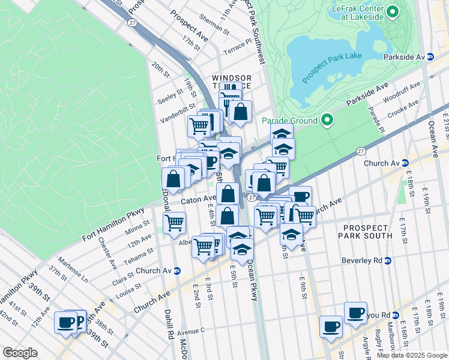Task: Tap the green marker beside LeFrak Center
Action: tap(393, 11)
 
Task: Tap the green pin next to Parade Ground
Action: tap(327, 121)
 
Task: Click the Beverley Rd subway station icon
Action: tap(388, 260)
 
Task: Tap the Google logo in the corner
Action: tap(20, 353)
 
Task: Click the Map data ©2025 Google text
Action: tap(412, 355)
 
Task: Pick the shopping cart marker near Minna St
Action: tap(174, 222)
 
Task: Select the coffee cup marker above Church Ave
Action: tap(300, 196)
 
